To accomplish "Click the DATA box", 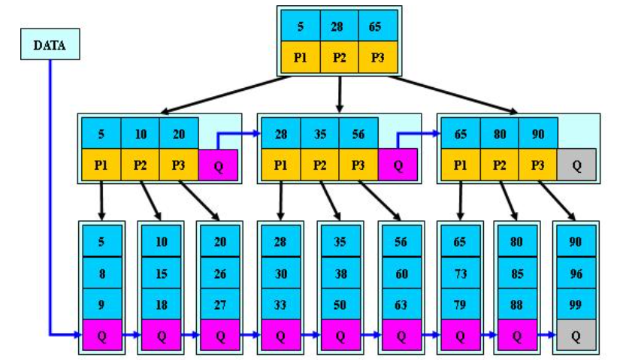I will [50, 46].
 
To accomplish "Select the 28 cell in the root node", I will [340, 27].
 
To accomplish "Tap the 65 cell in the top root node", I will [377, 27].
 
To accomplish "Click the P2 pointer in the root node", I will [340, 58].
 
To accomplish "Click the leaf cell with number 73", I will [459, 274].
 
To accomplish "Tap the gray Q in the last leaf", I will [576, 336].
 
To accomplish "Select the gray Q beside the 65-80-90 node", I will [576, 165].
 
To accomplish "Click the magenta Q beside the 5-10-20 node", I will [218, 165].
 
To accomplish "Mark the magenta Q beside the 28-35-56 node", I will [398, 165].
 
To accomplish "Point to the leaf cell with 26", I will [220, 274].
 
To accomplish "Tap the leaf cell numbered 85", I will [518, 274].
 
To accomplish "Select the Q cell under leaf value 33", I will [280, 336].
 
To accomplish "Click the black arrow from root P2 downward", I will [340, 94].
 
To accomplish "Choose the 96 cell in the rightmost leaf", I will [576, 274].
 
